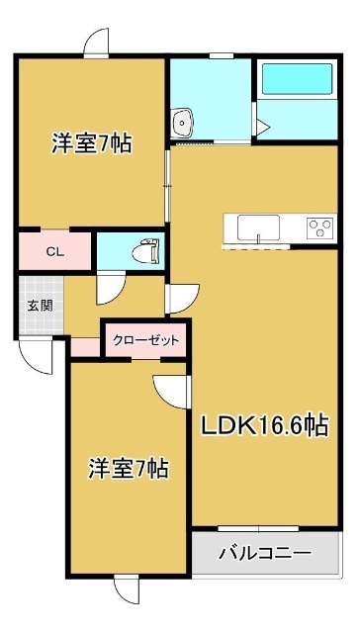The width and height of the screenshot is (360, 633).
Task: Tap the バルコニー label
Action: (264, 551)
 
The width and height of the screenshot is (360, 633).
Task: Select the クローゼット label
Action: (145, 339)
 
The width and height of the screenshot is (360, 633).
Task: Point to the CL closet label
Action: (55, 251)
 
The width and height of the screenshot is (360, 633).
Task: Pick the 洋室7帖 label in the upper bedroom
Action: (92, 143)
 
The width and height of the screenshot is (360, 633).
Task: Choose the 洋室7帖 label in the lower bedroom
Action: (127, 466)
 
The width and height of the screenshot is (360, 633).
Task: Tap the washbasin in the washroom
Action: (183, 123)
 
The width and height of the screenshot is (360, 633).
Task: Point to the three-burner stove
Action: (319, 226)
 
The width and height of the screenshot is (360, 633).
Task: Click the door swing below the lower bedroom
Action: (129, 589)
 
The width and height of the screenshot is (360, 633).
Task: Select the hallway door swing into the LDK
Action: (181, 298)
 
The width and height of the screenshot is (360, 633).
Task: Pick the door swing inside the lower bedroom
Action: (170, 390)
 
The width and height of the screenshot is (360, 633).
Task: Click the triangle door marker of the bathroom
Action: (261, 127)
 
